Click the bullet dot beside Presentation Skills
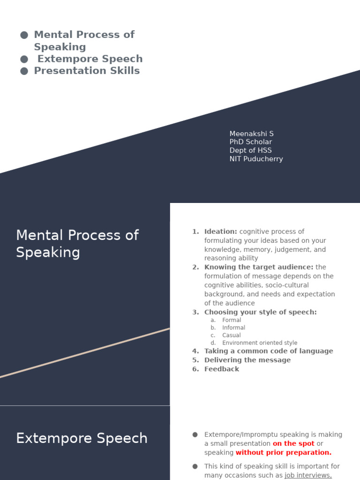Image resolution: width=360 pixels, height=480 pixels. [x=24, y=71]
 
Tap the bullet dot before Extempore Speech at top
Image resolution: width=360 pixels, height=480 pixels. [x=24, y=59]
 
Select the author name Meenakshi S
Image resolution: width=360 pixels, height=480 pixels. [x=251, y=134]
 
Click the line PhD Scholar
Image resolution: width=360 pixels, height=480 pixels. [x=250, y=142]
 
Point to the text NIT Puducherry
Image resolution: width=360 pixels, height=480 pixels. [x=256, y=159]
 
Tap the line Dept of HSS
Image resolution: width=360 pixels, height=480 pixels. [x=250, y=150]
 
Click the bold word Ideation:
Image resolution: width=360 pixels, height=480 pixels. [x=221, y=232]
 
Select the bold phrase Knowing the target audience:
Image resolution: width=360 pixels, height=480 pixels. [x=259, y=267]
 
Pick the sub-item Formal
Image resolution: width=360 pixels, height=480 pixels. [x=232, y=320]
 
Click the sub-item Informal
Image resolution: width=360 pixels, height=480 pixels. [x=233, y=328]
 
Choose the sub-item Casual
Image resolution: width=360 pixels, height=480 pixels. [x=232, y=335]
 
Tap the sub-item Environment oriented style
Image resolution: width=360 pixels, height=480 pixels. [x=260, y=343]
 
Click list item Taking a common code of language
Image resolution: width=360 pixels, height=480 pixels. [x=269, y=351]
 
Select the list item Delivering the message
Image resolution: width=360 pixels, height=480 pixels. [x=247, y=360]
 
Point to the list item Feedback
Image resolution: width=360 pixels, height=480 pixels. [x=222, y=369]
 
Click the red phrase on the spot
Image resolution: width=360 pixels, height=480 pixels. [x=293, y=443]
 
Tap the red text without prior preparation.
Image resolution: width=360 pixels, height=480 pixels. [x=283, y=452]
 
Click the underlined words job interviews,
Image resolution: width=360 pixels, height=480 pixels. [x=308, y=475]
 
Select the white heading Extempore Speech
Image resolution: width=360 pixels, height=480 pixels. [x=82, y=438]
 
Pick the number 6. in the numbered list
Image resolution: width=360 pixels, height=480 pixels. [x=195, y=369]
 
